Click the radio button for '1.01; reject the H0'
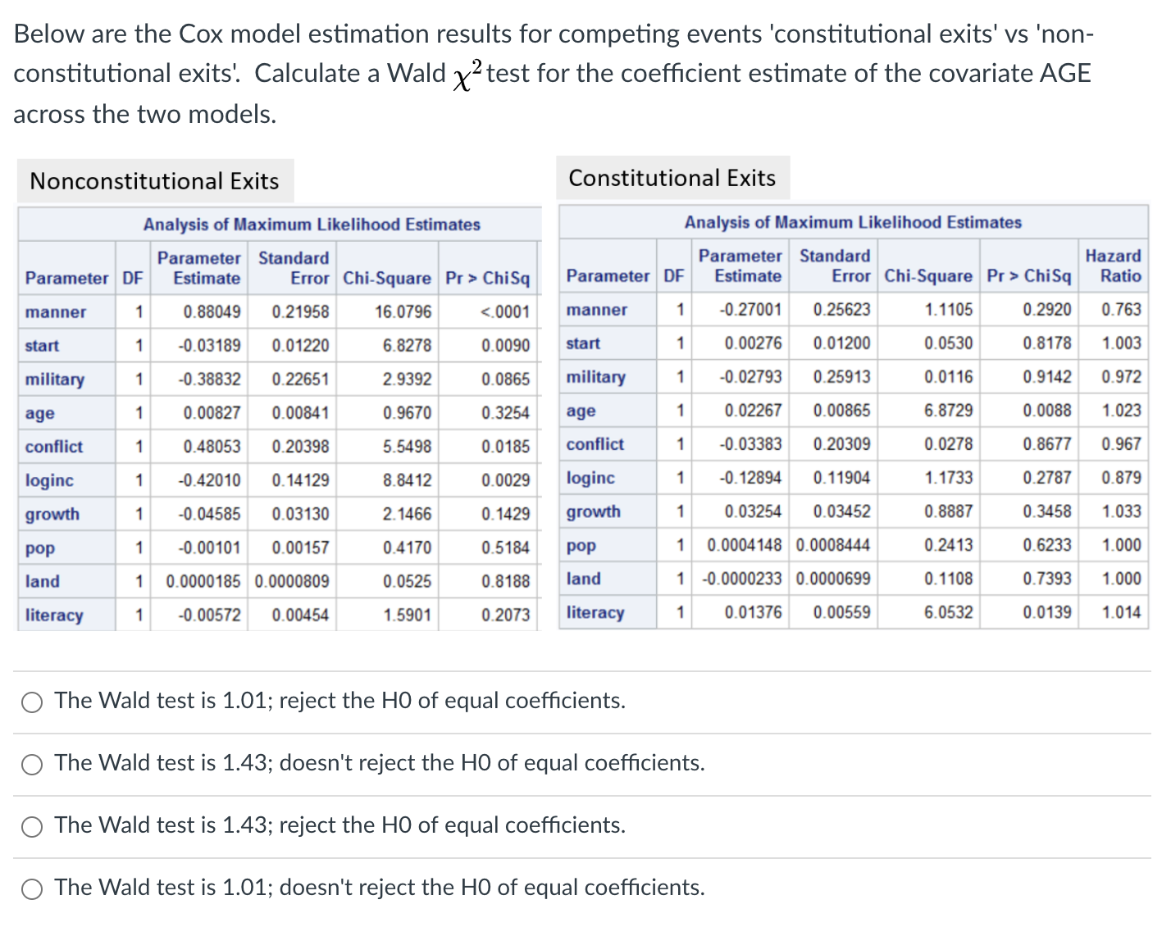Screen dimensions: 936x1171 tap(32, 702)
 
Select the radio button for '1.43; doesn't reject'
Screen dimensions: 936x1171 tap(32, 764)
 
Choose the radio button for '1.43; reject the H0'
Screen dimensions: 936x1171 tap(32, 826)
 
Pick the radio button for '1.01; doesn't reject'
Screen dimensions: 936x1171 tap(32, 888)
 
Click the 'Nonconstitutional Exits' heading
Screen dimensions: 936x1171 tap(154, 181)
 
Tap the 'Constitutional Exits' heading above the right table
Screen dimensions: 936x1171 tap(672, 178)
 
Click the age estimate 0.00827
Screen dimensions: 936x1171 tap(212, 413)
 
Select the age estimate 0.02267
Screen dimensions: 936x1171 tap(753, 411)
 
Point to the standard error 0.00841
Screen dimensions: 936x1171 tap(300, 413)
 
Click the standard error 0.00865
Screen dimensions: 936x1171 tap(841, 411)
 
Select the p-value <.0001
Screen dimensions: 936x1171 tap(505, 312)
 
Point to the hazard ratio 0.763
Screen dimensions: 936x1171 tap(1121, 310)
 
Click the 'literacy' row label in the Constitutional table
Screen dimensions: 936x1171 tap(595, 612)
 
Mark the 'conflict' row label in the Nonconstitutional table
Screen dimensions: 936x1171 tap(54, 447)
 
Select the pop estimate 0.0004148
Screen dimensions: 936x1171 tap(745, 545)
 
